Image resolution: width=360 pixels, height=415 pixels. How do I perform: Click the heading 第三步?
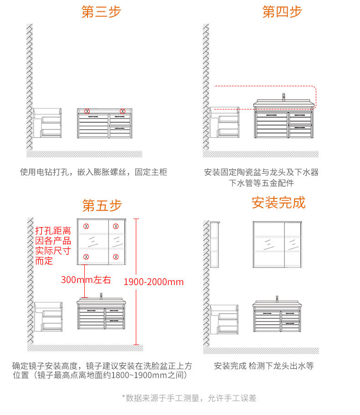click(x=101, y=12)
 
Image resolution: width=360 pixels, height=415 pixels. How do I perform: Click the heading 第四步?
click(x=282, y=12)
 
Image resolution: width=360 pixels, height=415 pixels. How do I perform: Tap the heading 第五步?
click(x=102, y=206)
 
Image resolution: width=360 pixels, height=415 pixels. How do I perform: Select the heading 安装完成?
click(x=278, y=202)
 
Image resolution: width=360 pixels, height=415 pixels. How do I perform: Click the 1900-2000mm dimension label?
click(x=154, y=282)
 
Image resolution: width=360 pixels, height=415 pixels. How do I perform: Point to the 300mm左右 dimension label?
click(x=86, y=280)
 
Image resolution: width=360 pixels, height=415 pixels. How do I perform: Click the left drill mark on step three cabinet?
click(x=87, y=111)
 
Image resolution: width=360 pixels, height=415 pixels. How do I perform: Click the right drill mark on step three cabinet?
click(x=122, y=111)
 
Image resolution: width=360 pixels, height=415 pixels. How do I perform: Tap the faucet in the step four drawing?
click(x=283, y=97)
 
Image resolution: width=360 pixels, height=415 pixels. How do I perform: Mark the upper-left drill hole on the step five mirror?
click(x=86, y=226)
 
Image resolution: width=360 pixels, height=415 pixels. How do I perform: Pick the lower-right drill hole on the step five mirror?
click(x=116, y=257)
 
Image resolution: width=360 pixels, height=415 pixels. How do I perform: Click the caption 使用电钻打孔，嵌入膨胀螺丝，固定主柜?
click(x=93, y=172)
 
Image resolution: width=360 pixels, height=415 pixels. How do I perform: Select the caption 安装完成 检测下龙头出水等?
click(x=264, y=366)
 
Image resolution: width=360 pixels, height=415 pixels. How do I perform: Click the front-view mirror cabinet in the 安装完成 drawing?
click(x=278, y=245)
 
